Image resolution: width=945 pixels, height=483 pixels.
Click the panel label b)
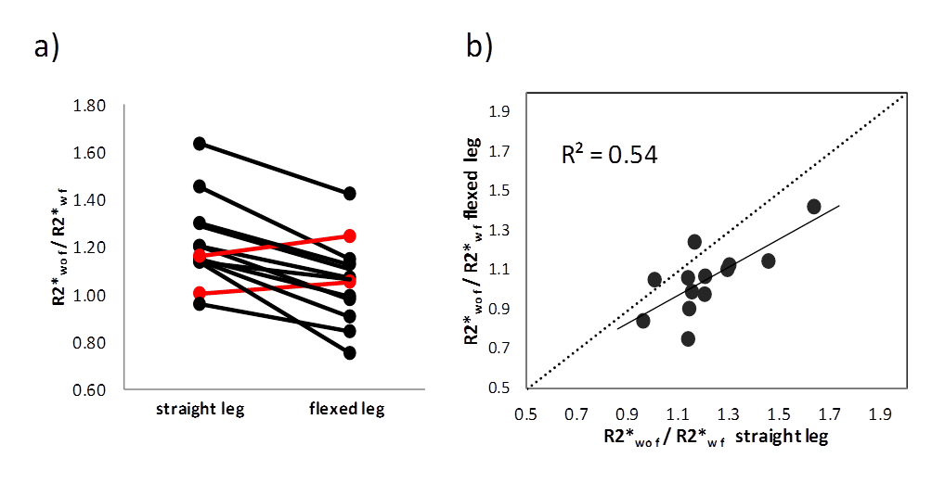click(x=480, y=47)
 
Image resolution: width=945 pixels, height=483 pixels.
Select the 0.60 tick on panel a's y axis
click(x=88, y=390)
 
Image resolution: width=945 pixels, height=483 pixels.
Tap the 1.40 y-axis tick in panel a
click(x=88, y=200)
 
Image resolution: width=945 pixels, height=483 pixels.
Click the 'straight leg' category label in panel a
click(x=200, y=409)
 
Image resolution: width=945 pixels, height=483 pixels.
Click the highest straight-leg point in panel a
click(x=200, y=144)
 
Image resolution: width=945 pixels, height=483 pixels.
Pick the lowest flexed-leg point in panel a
click(x=349, y=352)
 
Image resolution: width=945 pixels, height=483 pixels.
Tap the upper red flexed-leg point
click(x=349, y=236)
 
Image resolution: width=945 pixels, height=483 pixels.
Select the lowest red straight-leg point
click(x=200, y=293)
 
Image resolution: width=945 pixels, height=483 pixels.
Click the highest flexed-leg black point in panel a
click(x=349, y=194)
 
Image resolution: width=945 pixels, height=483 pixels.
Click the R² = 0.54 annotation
click(x=610, y=155)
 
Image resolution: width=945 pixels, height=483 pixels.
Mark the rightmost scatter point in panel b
click(x=814, y=206)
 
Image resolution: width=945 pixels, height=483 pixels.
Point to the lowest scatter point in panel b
click(x=688, y=338)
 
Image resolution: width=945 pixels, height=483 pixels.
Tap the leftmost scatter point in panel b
click(x=642, y=321)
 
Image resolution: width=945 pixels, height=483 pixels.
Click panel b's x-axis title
click(x=715, y=436)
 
